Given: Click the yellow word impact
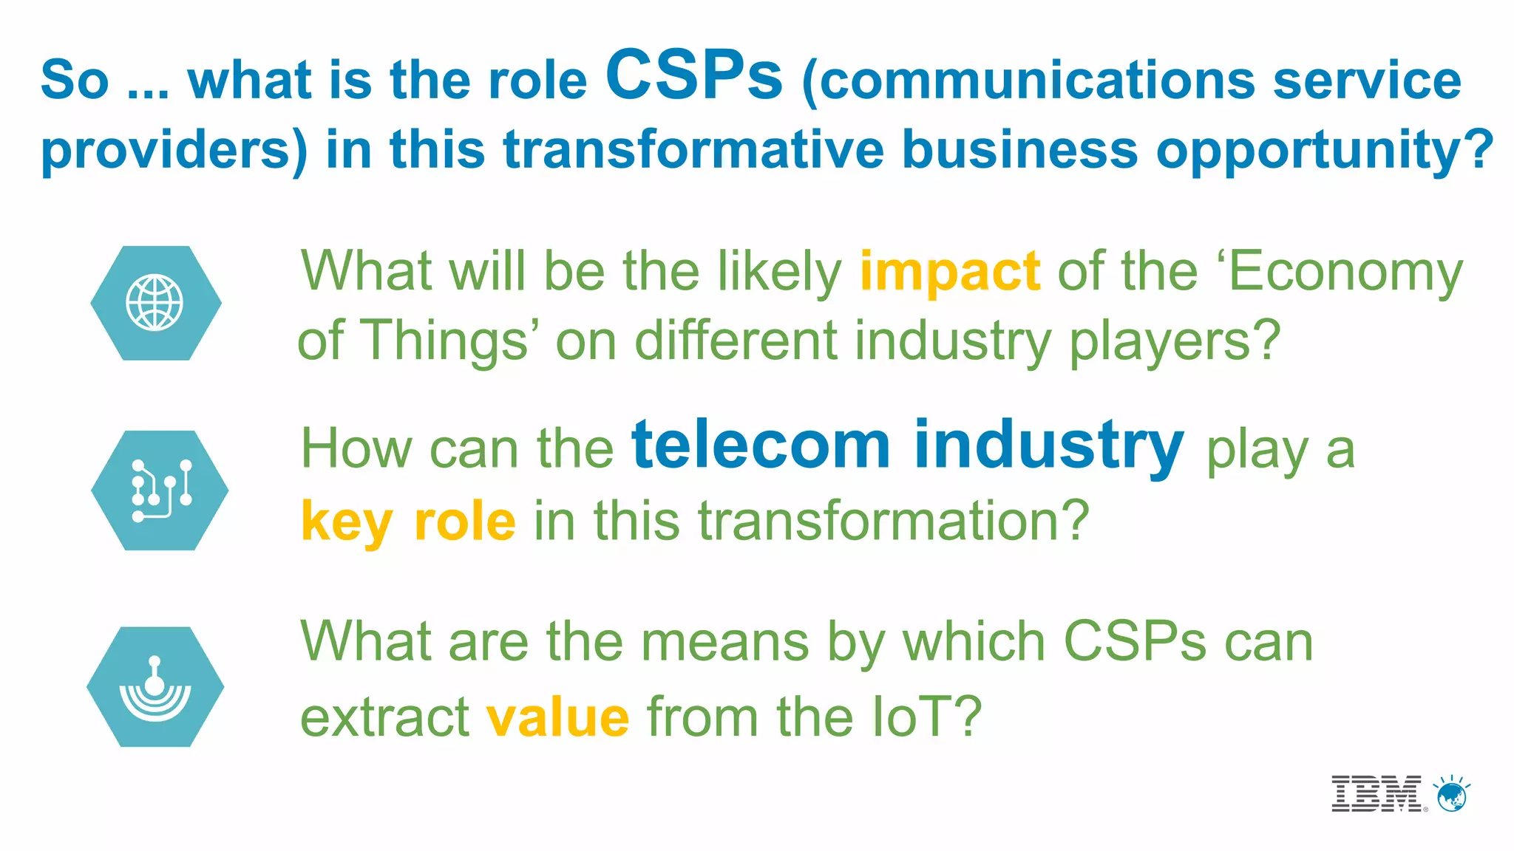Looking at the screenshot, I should coord(950,272).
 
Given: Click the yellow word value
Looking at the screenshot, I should coord(557,717).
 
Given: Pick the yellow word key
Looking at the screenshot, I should coord(346,522).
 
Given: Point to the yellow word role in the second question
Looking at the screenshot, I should coord(464,522).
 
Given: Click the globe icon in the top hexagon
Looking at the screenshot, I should coord(155,303).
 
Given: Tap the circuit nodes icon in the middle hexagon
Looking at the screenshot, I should coord(160,491).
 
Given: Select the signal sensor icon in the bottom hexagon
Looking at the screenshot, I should coord(155,687).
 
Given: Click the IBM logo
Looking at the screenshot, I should coord(1377,794).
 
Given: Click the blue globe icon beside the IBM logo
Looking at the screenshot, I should coord(1452,795).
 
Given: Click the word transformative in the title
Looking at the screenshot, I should coord(693,150).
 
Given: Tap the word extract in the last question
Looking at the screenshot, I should coord(384,717).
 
